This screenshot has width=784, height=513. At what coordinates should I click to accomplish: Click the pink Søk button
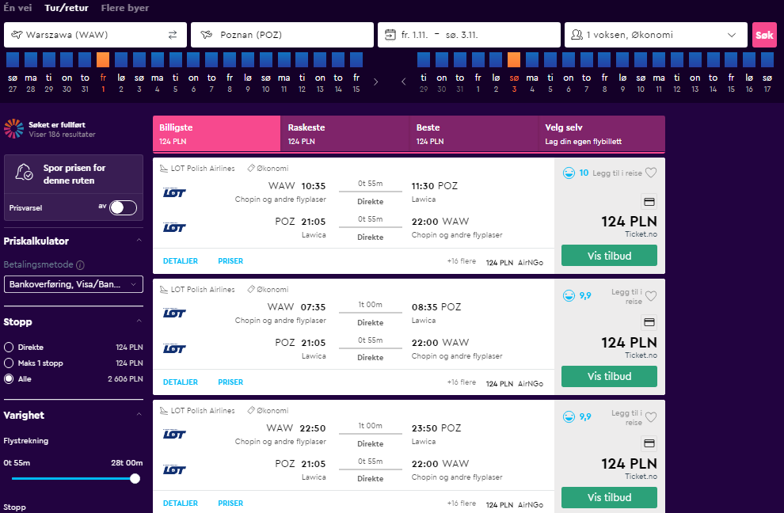tap(764, 35)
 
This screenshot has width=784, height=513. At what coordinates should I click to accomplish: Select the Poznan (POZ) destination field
tap(282, 35)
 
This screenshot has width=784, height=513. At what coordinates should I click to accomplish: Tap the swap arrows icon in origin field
tap(173, 35)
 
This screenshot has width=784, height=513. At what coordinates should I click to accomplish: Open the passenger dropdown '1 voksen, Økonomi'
tap(656, 35)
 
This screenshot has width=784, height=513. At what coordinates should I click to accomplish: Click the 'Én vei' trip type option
tap(17, 8)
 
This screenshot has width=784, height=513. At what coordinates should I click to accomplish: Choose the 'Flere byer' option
tap(125, 8)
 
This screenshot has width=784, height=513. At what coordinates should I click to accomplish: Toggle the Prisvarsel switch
tap(123, 207)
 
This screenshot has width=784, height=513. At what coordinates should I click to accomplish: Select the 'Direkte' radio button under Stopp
tap(9, 347)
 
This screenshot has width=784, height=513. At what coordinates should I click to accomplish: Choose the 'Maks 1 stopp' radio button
tap(9, 363)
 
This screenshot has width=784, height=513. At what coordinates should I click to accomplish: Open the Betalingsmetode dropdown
tap(74, 284)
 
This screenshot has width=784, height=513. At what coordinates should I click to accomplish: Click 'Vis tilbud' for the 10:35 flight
tap(609, 256)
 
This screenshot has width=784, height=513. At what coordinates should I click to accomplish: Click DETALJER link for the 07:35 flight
tap(181, 382)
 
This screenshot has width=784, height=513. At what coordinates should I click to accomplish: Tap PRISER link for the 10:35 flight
tap(230, 261)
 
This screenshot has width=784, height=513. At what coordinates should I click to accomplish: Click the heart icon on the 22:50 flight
tap(650, 417)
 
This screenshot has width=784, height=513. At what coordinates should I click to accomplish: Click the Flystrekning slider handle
tap(135, 478)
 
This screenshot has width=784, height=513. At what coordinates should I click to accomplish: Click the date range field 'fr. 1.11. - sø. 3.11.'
tap(469, 35)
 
